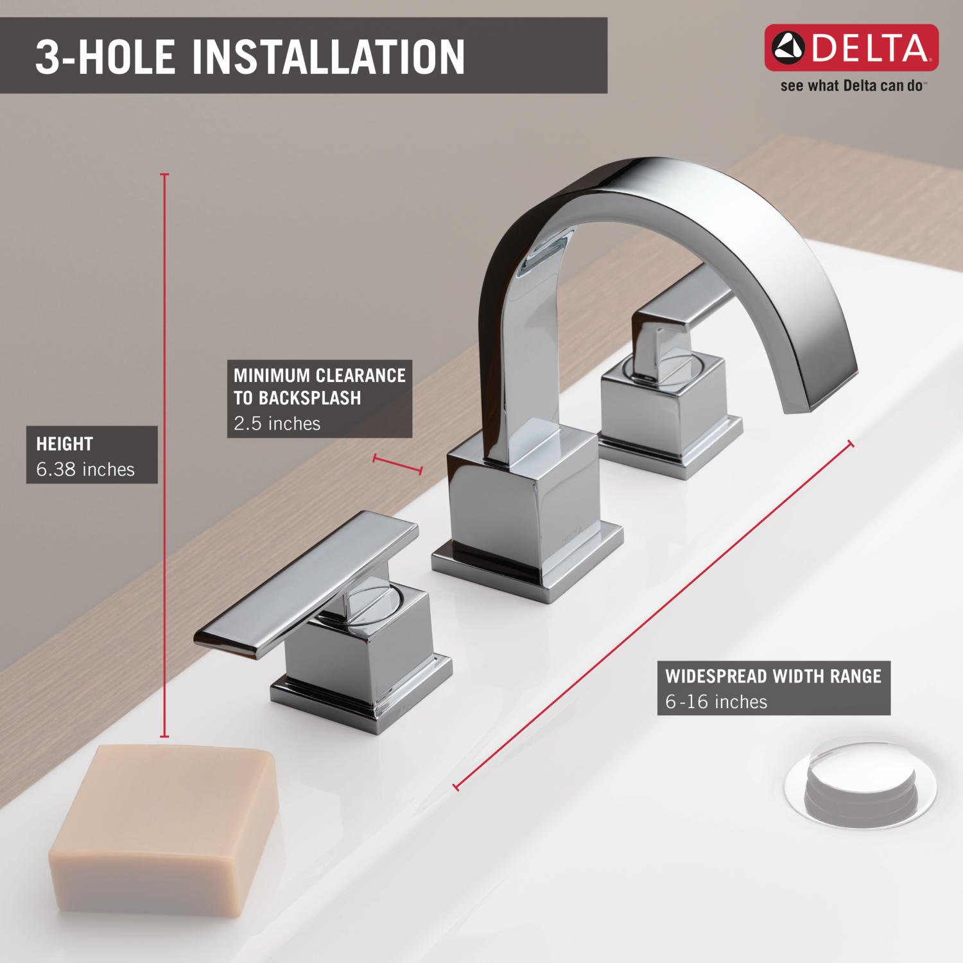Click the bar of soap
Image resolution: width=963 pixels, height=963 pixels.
164,828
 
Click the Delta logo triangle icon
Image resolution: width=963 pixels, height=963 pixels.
788,48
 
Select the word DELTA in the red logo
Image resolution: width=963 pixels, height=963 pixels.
870,48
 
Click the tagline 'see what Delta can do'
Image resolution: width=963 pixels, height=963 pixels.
851,86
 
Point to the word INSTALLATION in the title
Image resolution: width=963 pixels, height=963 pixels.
328,57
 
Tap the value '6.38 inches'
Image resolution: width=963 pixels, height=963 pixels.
85,469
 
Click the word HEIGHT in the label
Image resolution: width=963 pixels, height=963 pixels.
64,444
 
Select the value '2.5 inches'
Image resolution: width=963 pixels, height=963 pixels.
277,424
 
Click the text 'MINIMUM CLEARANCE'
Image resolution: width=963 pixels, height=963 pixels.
319,376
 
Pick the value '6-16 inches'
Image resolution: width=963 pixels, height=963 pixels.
716,702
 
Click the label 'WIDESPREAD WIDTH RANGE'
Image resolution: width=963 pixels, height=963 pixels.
773,676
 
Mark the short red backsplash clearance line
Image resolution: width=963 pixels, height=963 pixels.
397,464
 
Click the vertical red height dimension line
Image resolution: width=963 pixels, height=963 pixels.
164,449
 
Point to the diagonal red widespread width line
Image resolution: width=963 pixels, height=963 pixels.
654,614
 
